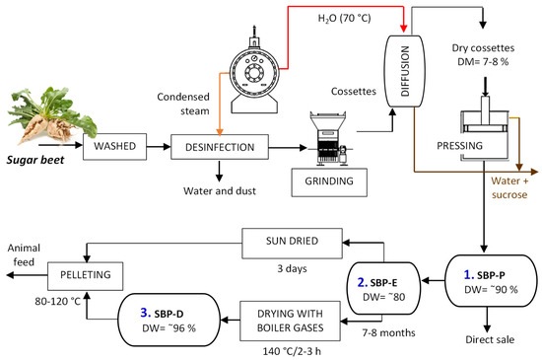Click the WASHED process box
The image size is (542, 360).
[x=116, y=148]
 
